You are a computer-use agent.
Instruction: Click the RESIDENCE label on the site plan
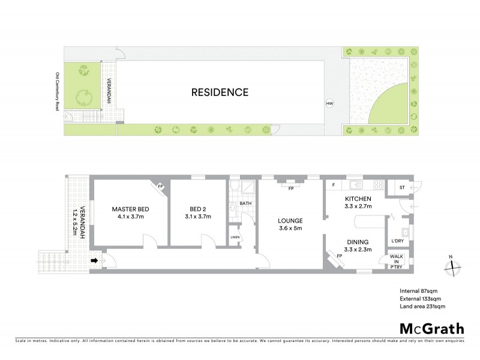[x=220, y=92]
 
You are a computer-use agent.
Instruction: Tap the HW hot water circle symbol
[x=329, y=103]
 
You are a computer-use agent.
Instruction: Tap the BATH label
[x=245, y=203]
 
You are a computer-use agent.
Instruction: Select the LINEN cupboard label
[x=235, y=238]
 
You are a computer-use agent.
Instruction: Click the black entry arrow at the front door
[x=95, y=261]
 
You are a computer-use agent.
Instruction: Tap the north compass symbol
[x=452, y=267]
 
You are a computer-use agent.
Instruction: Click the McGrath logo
[x=431, y=328]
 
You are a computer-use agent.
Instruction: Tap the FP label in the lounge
[x=290, y=188]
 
